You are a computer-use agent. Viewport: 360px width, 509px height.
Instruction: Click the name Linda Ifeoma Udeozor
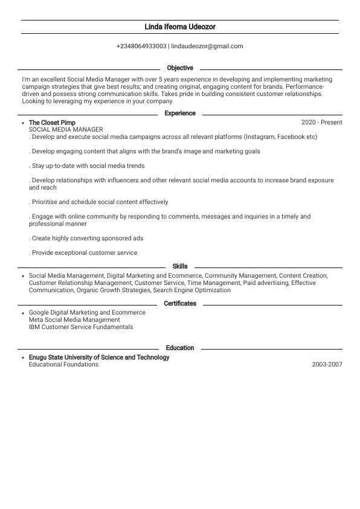(x=180, y=27)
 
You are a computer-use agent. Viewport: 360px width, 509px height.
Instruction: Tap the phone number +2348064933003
(x=141, y=46)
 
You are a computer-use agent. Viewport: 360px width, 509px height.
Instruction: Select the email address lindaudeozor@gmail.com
(x=207, y=46)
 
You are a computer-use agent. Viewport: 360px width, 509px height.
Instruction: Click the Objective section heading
(x=180, y=68)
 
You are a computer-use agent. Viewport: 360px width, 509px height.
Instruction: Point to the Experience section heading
(x=180, y=114)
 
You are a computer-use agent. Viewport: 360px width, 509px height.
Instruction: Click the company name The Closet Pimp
(x=52, y=123)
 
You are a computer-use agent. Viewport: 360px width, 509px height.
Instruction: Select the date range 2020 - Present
(x=321, y=123)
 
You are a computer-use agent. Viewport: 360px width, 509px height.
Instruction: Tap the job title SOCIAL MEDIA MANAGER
(x=66, y=130)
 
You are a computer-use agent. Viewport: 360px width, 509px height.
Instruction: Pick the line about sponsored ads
(x=86, y=238)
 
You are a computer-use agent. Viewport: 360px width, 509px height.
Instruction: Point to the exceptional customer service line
(x=83, y=253)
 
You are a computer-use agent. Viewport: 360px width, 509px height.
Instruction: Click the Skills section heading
(x=180, y=266)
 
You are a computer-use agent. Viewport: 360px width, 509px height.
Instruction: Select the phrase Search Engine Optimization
(x=192, y=290)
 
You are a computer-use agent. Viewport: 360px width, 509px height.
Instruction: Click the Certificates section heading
(x=180, y=304)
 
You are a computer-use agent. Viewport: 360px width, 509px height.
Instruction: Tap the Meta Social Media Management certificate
(x=74, y=320)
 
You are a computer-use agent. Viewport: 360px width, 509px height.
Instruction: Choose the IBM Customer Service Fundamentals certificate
(x=81, y=327)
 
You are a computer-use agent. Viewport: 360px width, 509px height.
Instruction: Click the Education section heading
(x=180, y=348)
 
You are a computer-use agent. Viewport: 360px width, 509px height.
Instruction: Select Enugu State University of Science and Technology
(x=99, y=357)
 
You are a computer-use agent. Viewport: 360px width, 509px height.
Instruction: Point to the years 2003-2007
(x=327, y=365)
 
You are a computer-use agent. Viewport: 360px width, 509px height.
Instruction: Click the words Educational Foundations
(x=63, y=365)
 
